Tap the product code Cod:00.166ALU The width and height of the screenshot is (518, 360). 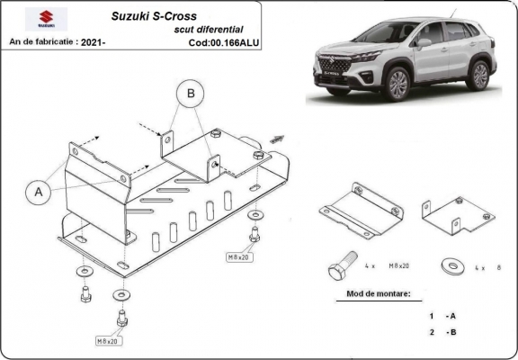(x=224, y=41)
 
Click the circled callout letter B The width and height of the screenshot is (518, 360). (x=190, y=93)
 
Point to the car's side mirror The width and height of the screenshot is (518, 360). (x=423, y=42)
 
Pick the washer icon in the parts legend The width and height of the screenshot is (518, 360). (x=450, y=266)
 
